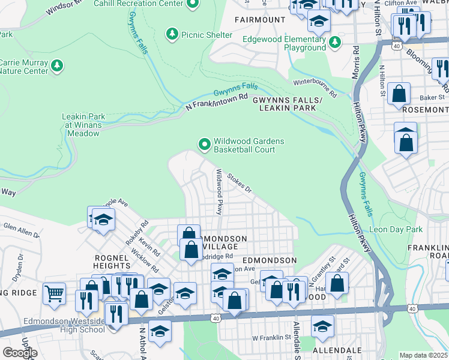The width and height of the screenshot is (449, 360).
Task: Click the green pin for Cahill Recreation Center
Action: [192, 5]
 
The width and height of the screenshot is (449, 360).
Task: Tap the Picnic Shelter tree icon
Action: [173, 35]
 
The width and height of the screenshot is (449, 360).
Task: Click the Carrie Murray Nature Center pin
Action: [57, 66]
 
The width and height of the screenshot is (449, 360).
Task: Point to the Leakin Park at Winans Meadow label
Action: [83, 125]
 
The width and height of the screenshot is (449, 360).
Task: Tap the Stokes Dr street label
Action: [239, 182]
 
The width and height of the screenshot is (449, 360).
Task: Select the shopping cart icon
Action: [55, 293]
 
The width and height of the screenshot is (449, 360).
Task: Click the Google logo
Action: [20, 352]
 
